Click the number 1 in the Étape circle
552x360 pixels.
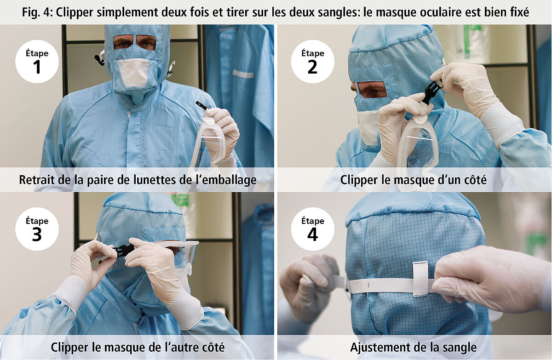37,67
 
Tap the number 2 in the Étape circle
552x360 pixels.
312,67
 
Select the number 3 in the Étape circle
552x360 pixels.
37,234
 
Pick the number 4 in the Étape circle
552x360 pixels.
312,234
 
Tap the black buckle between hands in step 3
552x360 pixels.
123,251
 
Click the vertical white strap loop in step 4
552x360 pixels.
420,279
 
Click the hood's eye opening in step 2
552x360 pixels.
371,89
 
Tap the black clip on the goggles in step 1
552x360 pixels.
202,105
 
